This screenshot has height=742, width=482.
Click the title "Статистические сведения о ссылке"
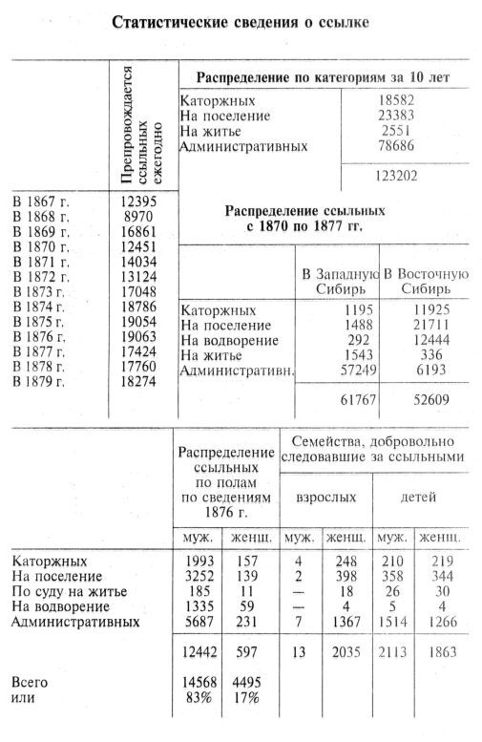(240, 21)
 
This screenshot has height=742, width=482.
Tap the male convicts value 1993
(202, 561)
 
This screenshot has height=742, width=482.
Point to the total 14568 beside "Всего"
(202, 682)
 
